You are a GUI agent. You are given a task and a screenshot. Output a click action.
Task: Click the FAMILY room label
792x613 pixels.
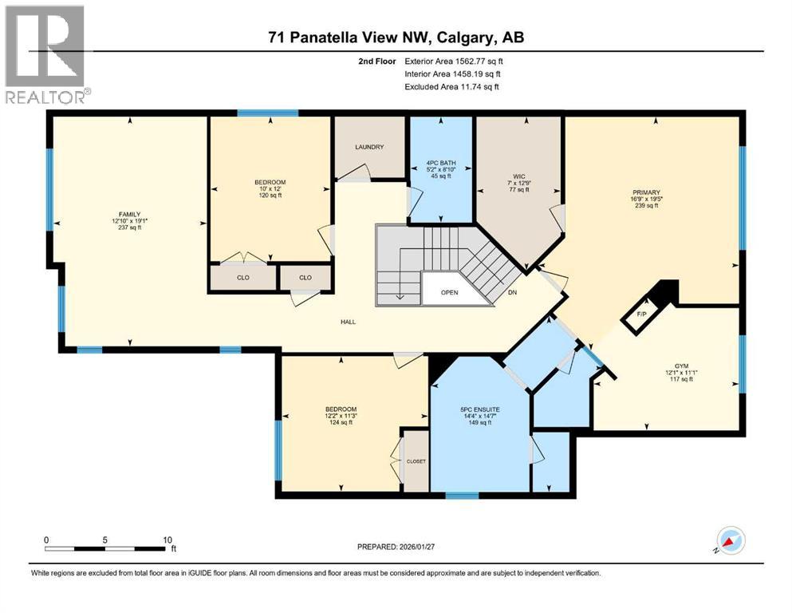click(x=127, y=213)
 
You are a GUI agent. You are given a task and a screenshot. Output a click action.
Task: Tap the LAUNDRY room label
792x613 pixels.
click(x=369, y=147)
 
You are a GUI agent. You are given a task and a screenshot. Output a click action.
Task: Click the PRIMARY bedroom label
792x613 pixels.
click(x=646, y=192)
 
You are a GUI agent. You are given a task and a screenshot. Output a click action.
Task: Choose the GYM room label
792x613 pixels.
click(x=680, y=365)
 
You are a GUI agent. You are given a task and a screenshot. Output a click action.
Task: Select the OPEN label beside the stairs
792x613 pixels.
click(x=449, y=293)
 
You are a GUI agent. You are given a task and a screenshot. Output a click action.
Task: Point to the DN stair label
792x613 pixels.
click(x=511, y=293)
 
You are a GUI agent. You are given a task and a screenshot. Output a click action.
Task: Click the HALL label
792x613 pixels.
click(x=348, y=322)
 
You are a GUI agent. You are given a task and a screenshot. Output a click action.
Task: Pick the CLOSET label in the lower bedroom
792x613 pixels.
click(x=416, y=461)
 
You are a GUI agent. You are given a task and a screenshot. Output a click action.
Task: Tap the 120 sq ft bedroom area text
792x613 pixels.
click(x=269, y=195)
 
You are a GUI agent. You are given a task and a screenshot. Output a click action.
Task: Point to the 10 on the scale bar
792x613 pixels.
click(x=167, y=540)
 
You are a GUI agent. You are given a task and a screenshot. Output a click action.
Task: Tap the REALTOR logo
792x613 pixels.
click(x=45, y=53)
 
